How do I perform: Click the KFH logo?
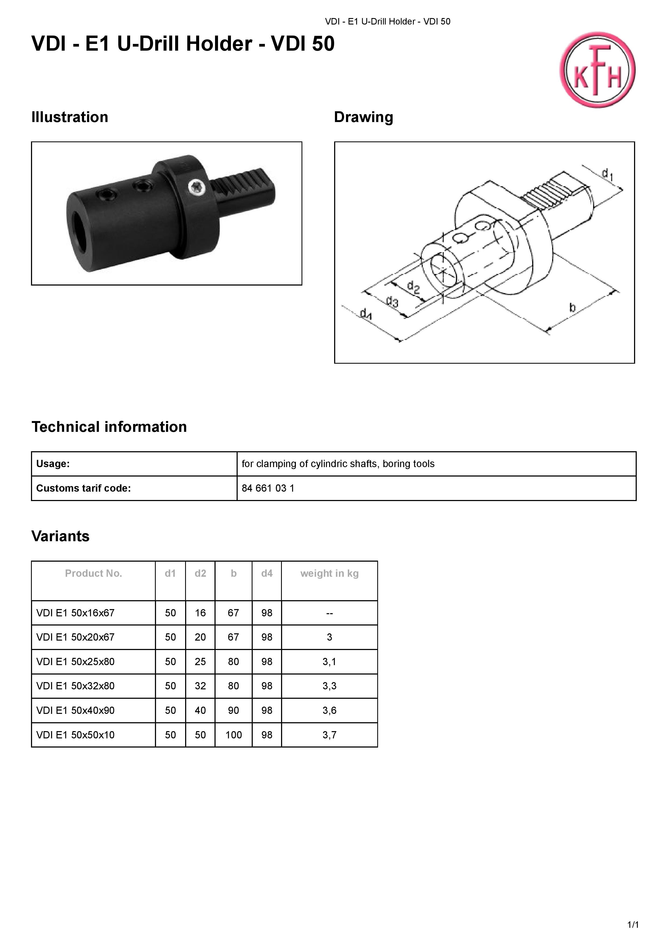pos(597,70)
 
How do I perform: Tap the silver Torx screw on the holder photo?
pos(196,187)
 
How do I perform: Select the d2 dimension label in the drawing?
pos(413,287)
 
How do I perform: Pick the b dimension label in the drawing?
pos(572,307)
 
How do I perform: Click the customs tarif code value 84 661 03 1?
pos(268,488)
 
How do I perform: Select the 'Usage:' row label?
pos(53,464)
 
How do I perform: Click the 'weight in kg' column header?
pos(329,573)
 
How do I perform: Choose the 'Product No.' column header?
pos(94,573)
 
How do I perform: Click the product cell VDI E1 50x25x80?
pos(75,661)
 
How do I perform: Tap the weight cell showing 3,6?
pos(329,710)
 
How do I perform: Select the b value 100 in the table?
pos(233,735)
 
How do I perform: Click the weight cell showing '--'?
pos(329,613)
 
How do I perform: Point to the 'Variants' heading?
pos(61,536)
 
